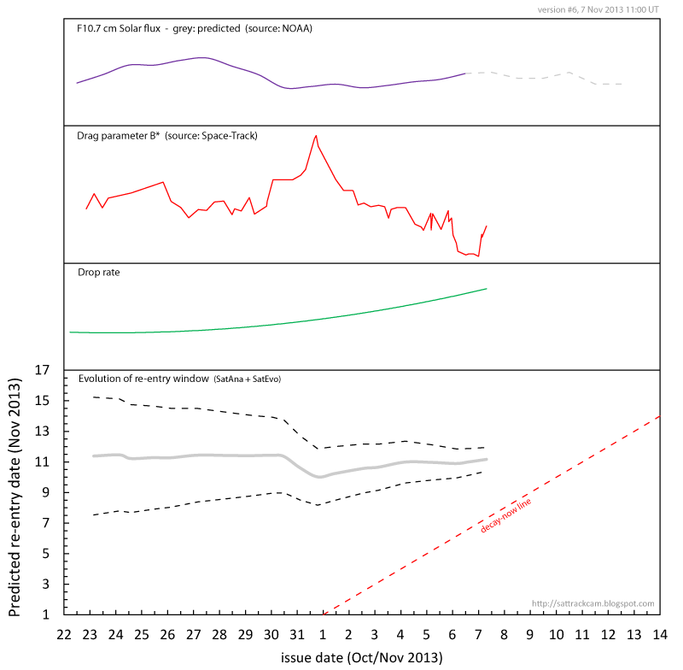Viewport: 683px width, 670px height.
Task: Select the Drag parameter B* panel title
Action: click(167, 136)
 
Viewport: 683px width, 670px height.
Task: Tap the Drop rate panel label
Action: click(98, 273)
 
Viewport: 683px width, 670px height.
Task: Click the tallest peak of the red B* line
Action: click(316, 135)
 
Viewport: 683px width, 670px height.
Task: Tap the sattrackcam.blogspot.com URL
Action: click(593, 603)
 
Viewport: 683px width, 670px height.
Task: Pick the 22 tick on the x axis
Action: click(64, 635)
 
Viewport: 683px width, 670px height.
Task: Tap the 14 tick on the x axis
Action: click(660, 635)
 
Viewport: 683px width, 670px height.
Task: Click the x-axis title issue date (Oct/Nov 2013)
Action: click(361, 658)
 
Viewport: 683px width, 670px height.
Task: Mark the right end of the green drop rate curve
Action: click(487, 289)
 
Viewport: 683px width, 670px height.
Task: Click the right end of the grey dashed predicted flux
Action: click(622, 84)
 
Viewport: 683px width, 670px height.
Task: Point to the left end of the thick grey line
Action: click(93, 455)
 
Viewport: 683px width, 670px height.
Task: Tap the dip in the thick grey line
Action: click(320, 477)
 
